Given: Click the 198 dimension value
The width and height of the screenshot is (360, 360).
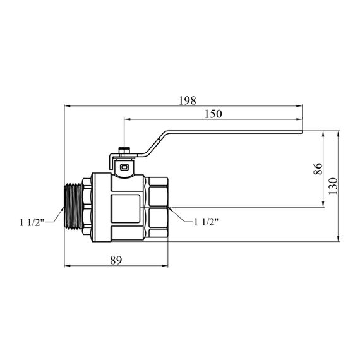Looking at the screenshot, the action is pos(188,100).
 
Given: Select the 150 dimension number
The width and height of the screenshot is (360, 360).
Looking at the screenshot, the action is pos(213,114).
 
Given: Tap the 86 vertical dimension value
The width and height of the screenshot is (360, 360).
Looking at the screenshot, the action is pos(318,169).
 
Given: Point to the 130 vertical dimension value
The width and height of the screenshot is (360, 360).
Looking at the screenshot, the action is pos(333,186).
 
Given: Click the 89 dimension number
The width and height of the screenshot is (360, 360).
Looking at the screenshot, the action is pos(116,260).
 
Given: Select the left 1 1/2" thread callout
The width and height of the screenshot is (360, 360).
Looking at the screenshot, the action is pos(32,222).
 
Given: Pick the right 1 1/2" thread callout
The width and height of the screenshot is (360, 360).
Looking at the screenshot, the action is pos(206,222).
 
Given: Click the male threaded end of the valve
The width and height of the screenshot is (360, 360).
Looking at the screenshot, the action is pos(73,207).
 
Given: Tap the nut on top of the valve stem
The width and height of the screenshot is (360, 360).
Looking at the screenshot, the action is pos(124,152).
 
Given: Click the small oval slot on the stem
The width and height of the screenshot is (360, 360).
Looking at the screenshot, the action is pos(124,167).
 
